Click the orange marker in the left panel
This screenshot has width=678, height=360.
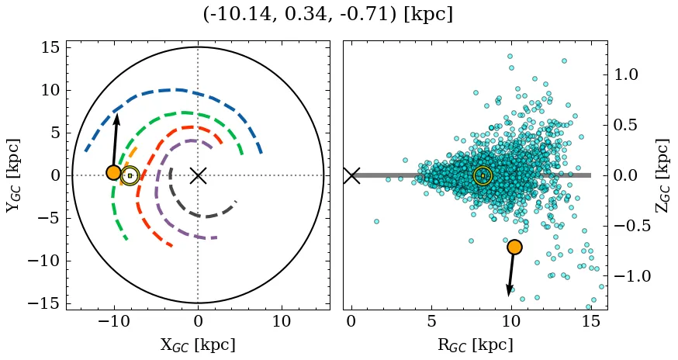[x=114, y=172]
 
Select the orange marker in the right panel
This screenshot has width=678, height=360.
[x=514, y=247]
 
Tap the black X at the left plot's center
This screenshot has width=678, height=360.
[x=198, y=175]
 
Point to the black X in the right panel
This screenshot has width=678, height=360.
[x=351, y=175]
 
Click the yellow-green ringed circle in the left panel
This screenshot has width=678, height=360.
[x=130, y=175]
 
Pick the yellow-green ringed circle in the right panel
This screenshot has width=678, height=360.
[x=483, y=175]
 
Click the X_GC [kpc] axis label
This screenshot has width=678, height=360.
[x=198, y=344]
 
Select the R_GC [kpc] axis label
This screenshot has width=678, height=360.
[x=475, y=344]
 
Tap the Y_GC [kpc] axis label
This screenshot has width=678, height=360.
[x=13, y=175]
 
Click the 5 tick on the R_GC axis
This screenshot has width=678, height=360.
[x=431, y=321]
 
